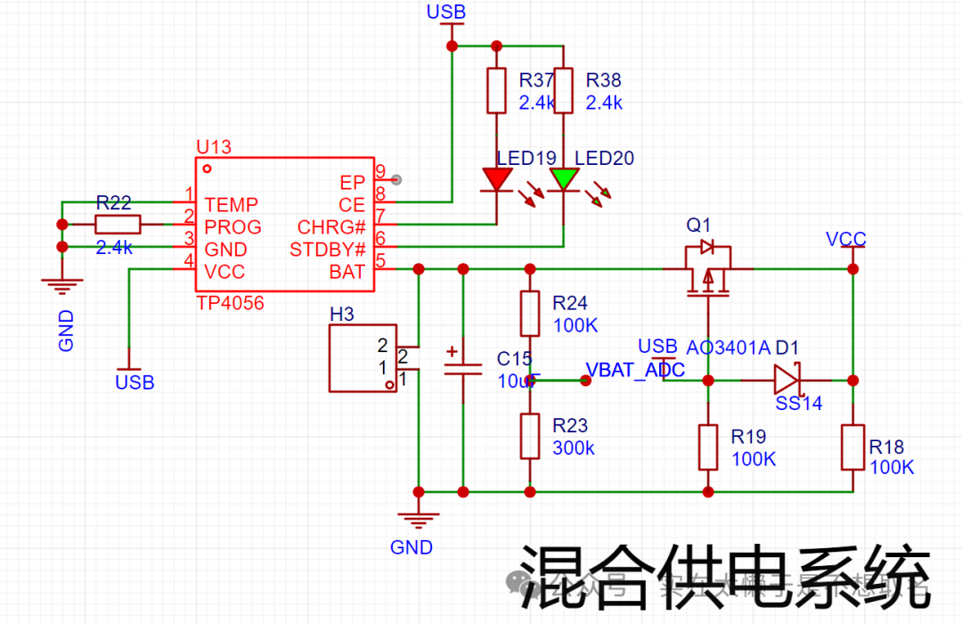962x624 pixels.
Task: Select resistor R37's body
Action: (x=496, y=90)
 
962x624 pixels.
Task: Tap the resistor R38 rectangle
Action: (x=563, y=90)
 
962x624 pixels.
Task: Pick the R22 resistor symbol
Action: (x=118, y=226)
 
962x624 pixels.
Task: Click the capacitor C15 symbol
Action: (x=462, y=365)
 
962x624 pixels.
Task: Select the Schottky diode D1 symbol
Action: (x=787, y=380)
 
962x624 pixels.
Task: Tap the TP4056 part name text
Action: (x=230, y=303)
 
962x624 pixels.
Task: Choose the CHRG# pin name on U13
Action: (x=331, y=227)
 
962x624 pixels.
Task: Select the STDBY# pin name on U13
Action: (x=327, y=250)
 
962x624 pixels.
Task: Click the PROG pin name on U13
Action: (x=232, y=227)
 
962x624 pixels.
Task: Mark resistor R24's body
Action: (x=530, y=313)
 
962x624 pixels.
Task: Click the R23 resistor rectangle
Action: (x=530, y=436)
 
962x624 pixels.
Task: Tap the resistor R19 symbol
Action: (x=708, y=447)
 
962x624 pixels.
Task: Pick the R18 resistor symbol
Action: (x=852, y=447)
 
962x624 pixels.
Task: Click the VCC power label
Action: (x=845, y=239)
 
